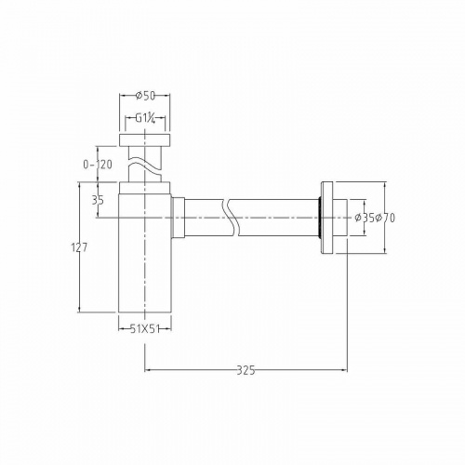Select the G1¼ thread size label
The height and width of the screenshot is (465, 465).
point(144,119)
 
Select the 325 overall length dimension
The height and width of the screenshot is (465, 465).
point(246,369)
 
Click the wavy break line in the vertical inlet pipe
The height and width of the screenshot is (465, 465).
point(144,166)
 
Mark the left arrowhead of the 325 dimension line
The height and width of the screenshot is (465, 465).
point(148,369)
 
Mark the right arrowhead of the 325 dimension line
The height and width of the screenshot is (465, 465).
point(345,369)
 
